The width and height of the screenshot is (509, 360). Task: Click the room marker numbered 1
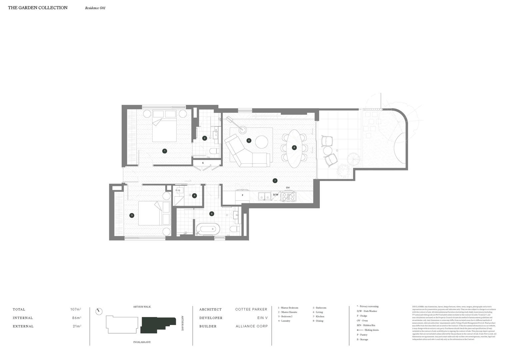(x=165, y=151)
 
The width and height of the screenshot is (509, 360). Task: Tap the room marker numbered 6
(x=249, y=140)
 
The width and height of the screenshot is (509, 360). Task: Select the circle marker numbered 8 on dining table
(x=294, y=147)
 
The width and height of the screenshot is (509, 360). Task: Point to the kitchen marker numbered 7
(x=275, y=181)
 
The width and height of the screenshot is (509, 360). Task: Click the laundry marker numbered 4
(x=195, y=196)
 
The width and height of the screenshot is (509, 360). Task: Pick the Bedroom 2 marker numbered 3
(x=132, y=215)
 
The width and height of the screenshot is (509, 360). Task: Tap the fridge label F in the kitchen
(x=243, y=195)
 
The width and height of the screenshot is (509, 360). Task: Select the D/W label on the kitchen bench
(x=276, y=195)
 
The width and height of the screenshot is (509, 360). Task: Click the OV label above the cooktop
(x=288, y=188)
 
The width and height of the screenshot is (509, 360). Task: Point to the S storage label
(x=203, y=163)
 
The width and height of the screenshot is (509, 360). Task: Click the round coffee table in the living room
(x=262, y=142)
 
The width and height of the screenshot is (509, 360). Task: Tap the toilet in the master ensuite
(x=213, y=151)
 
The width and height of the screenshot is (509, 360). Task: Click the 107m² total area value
(x=76, y=309)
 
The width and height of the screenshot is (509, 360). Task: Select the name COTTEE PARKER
(x=251, y=309)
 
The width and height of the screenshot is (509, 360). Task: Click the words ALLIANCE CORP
(x=252, y=326)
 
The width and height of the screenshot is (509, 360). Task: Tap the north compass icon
(x=98, y=311)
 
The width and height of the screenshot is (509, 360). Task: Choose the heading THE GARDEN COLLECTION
(x=38, y=8)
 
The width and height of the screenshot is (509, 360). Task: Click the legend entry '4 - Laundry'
(x=284, y=321)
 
